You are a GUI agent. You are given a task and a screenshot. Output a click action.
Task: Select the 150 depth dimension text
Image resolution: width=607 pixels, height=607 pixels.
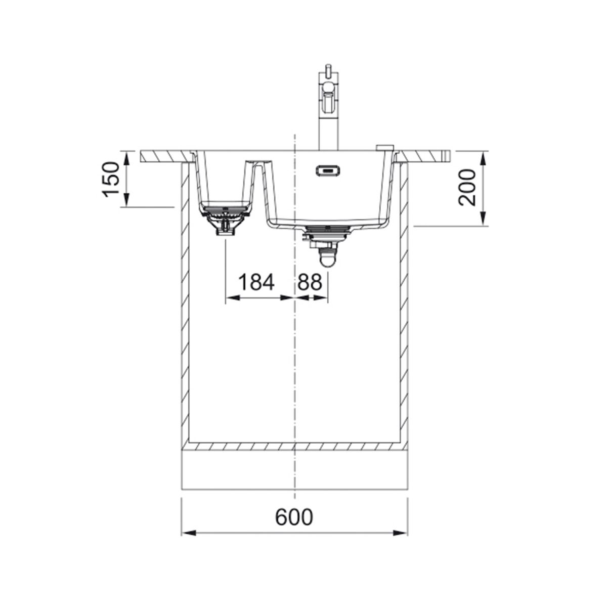(x=111, y=180)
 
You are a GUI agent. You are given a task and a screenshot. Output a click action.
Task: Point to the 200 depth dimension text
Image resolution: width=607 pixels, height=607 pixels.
(x=467, y=188)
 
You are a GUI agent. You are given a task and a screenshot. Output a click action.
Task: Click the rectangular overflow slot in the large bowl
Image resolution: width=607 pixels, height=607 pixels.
(x=328, y=170)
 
